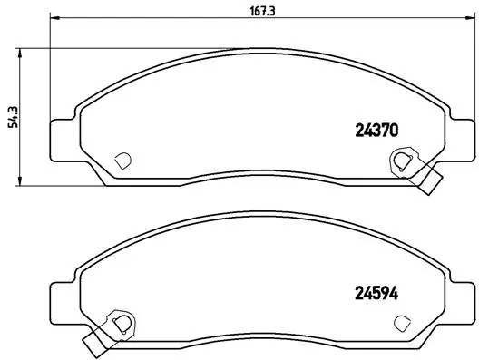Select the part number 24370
tap(375, 130)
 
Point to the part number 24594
tap(375, 293)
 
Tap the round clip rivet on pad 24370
tap(399, 162)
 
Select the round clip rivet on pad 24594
tap(119, 322)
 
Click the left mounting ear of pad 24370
tap(60, 137)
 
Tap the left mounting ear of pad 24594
tap(60, 298)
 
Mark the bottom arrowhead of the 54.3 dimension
tap(22, 181)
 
